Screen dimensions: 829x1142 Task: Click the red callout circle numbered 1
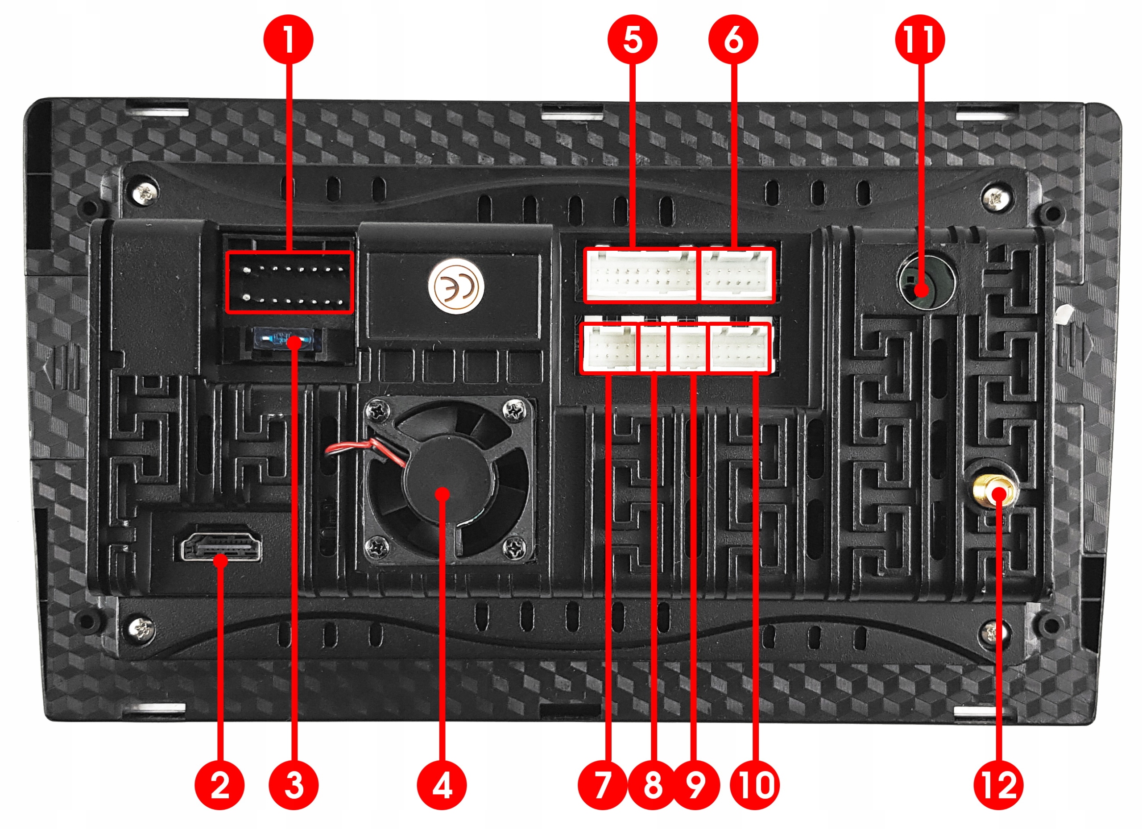tap(288, 39)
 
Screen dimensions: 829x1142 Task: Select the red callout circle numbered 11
tap(919, 39)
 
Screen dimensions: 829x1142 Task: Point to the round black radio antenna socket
tap(927, 282)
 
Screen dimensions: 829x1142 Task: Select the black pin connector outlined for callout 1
tap(290, 282)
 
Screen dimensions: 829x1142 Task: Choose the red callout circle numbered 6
tap(733, 39)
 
